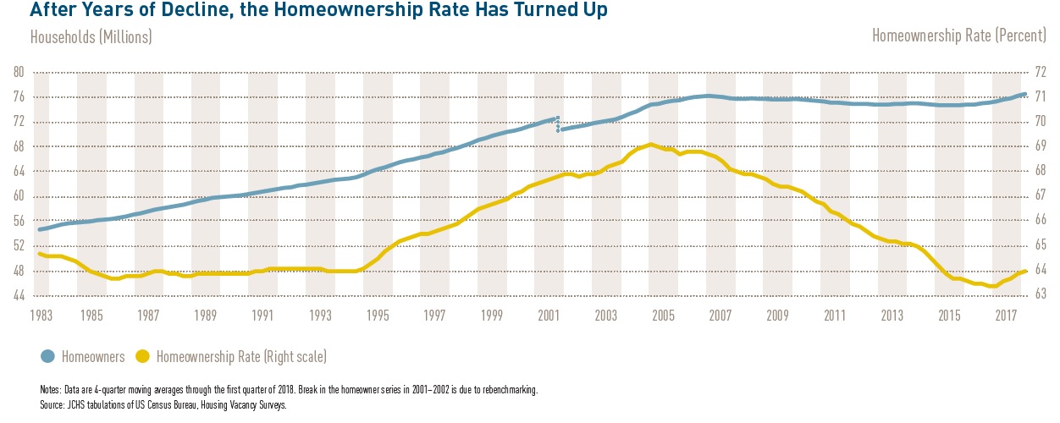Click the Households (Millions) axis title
91,37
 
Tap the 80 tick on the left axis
18,73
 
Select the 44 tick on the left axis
18,295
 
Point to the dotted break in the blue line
557,124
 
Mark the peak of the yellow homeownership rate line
649,145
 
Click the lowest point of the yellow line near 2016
992,286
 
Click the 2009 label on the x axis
777,316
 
